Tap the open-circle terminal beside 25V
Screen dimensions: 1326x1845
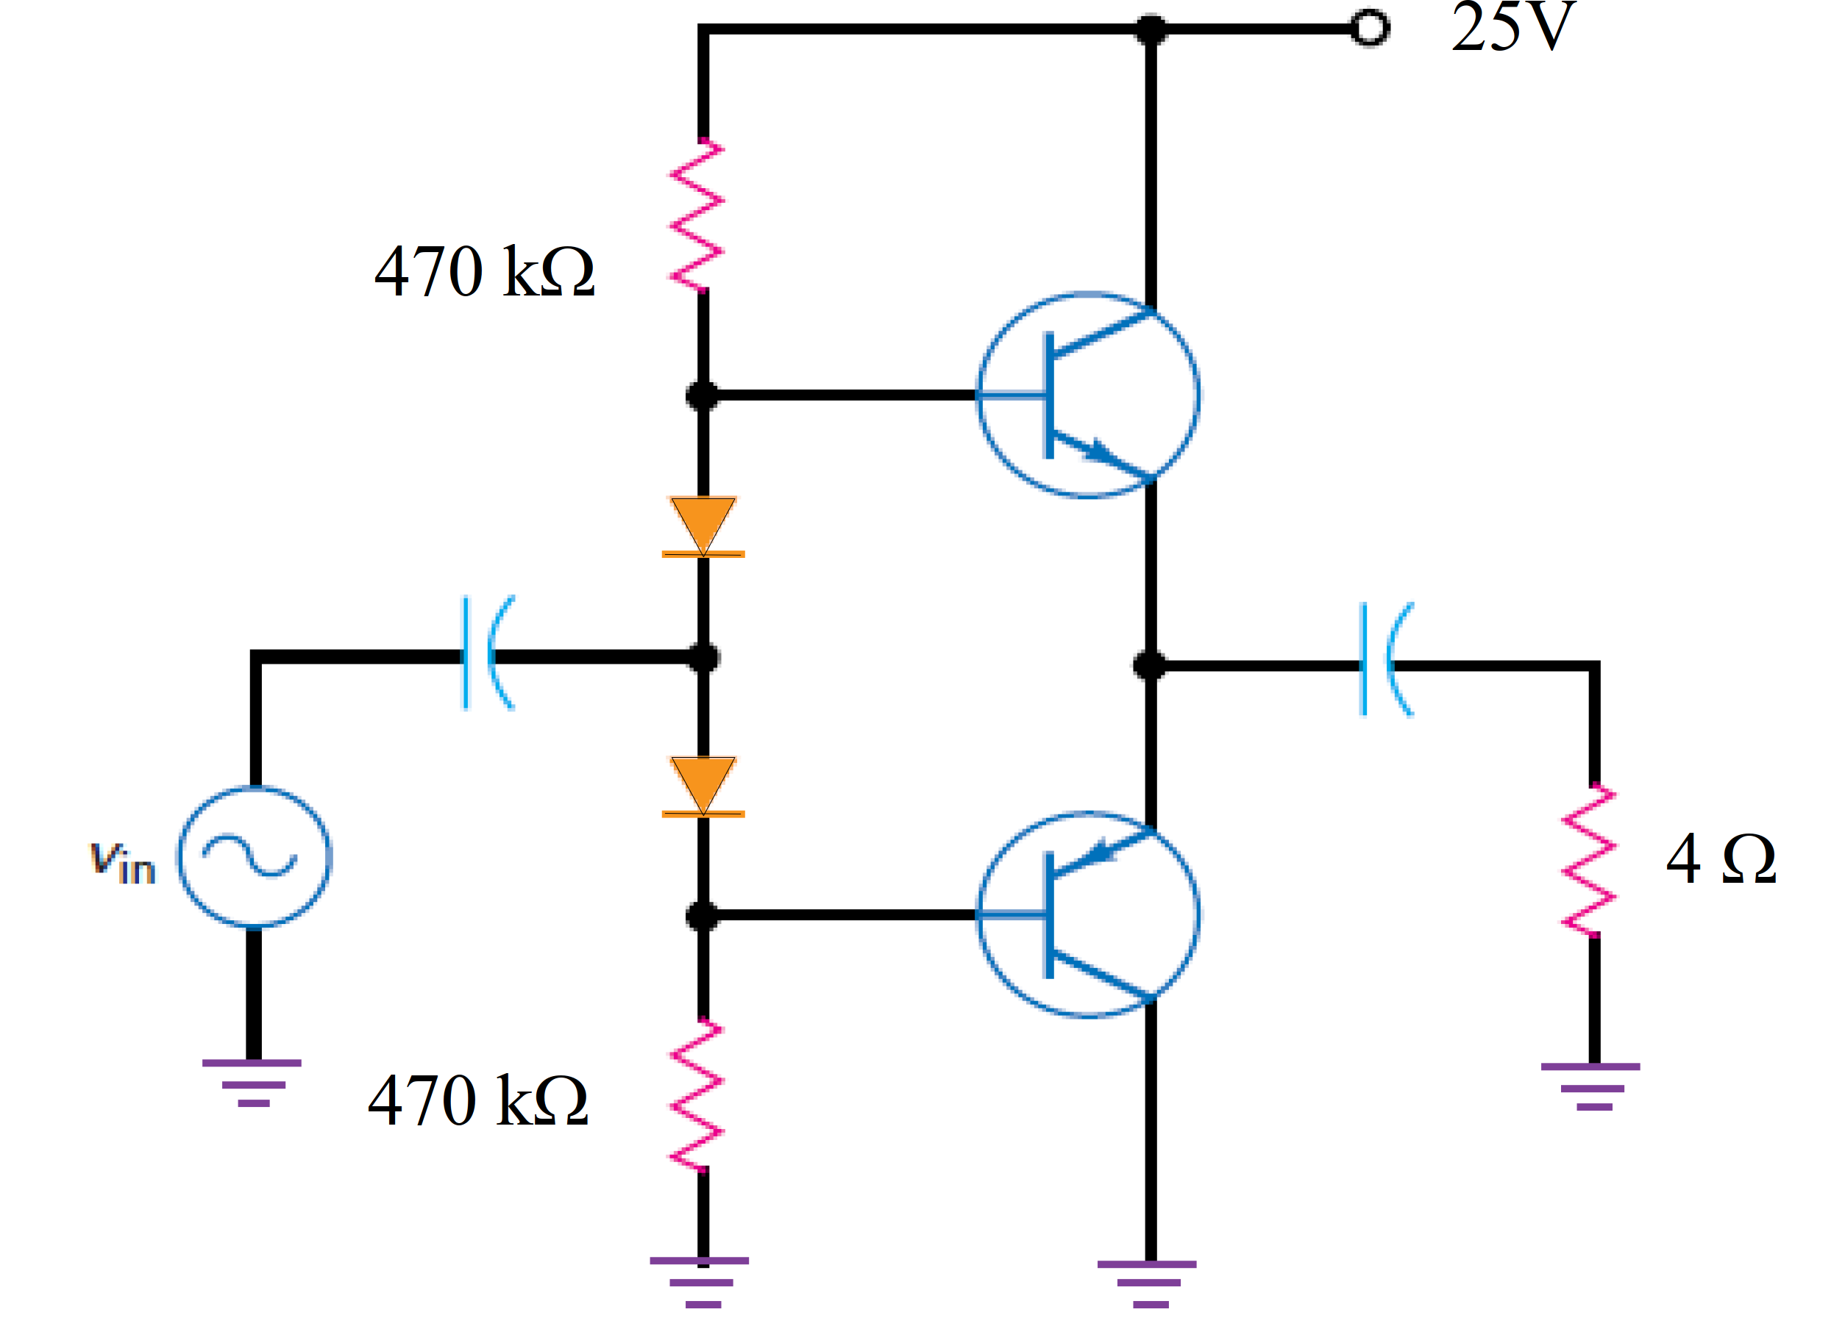1369,29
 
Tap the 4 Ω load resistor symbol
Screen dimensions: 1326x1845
1589,860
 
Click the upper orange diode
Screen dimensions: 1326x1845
703,527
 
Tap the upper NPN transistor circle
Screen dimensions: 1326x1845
1087,395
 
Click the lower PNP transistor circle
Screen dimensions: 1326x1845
1087,914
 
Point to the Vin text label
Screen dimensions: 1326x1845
122,861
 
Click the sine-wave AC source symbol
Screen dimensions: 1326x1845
254,856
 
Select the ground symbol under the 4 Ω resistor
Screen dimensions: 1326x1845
1590,1086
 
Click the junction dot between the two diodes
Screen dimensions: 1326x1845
703,657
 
